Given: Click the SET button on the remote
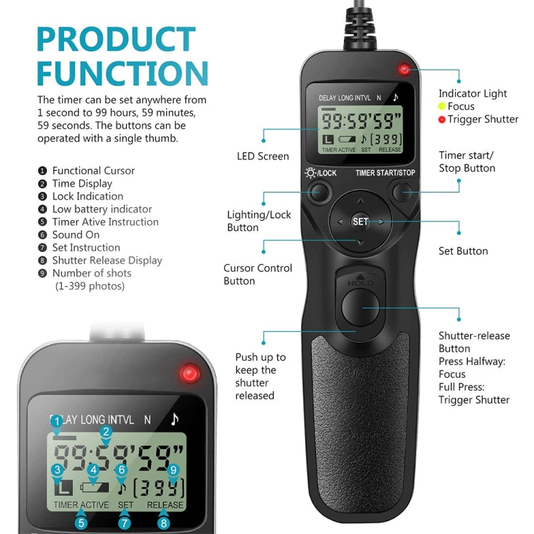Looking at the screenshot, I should [x=360, y=221].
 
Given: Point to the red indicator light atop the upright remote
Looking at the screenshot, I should [x=404, y=70].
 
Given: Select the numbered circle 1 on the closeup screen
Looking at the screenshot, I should [x=56, y=422].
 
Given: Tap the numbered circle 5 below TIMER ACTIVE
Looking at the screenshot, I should [x=82, y=523].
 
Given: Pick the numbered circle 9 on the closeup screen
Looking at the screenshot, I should [x=172, y=470].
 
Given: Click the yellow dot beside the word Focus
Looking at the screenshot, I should [x=442, y=106].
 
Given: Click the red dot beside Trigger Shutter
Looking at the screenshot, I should [x=442, y=119].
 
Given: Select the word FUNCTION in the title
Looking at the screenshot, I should [x=122, y=73].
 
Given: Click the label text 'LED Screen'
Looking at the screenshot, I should [x=263, y=156].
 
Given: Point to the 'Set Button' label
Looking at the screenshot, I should [x=463, y=251].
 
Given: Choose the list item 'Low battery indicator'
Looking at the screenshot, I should [x=102, y=209].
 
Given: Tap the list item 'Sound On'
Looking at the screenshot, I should [x=76, y=234].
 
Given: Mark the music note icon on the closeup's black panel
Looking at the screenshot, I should [x=174, y=419].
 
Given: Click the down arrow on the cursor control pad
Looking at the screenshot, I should [x=360, y=244].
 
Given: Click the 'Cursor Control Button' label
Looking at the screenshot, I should [x=258, y=274].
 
